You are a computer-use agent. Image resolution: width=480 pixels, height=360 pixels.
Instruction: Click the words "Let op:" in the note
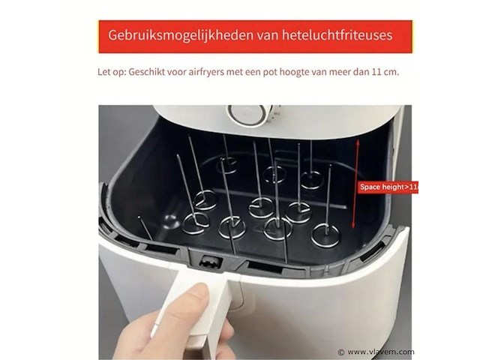111,73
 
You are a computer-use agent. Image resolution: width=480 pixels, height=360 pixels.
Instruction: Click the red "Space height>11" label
387,186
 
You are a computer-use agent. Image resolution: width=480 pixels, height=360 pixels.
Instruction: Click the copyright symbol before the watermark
341,351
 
